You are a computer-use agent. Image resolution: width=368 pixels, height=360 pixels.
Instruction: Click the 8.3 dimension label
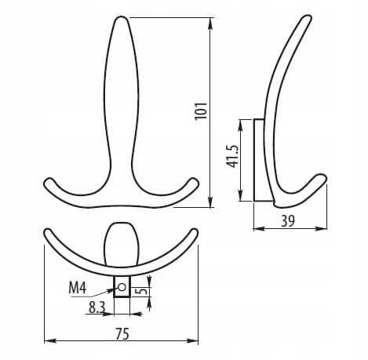point(97,309)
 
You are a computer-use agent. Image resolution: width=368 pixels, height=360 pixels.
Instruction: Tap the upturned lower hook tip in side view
point(321,180)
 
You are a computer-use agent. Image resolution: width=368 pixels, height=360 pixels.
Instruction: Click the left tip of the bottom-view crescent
point(48,233)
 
